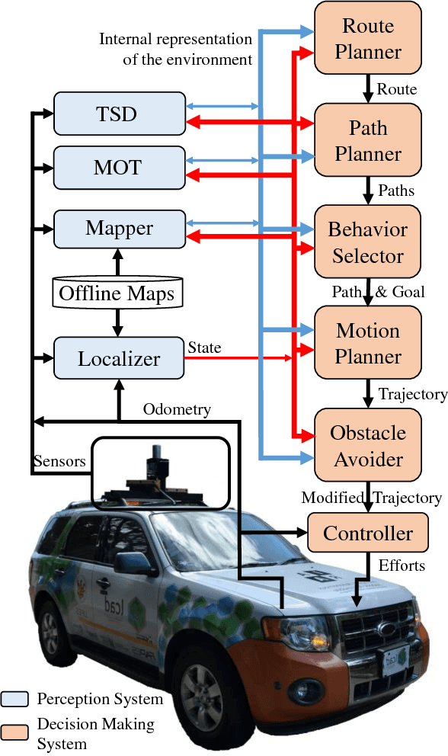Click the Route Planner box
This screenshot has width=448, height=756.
[x=368, y=39]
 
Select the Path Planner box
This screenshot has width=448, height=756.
[x=368, y=140]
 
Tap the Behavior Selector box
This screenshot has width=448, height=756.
[x=368, y=242]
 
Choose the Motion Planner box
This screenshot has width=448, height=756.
[x=368, y=344]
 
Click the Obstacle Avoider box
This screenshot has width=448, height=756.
[x=368, y=445]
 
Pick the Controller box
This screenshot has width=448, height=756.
[x=368, y=533]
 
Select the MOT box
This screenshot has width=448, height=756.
[x=118, y=167]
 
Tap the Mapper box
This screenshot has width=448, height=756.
[x=118, y=228]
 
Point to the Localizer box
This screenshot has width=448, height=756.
[x=118, y=357]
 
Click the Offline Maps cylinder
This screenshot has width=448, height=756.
[x=117, y=293]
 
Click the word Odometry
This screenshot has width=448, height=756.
[x=177, y=410]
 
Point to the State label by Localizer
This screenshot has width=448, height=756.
[x=204, y=348]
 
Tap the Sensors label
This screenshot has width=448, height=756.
[x=58, y=462]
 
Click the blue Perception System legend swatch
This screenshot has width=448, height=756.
[x=15, y=699]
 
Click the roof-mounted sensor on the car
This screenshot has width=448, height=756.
[x=156, y=467]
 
